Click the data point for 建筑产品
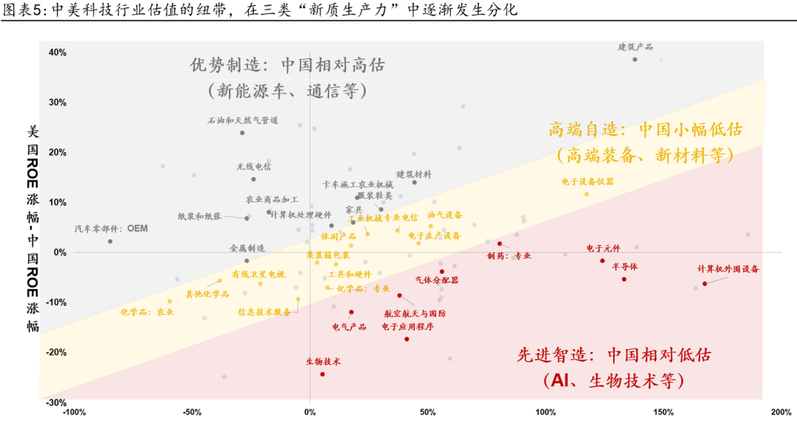[x=635, y=59]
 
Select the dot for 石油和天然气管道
[x=242, y=133]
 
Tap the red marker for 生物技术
[x=322, y=374]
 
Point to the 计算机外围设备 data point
[x=705, y=284]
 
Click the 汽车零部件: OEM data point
[x=110, y=241]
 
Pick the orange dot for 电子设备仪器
[x=587, y=194]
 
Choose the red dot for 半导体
[x=624, y=279]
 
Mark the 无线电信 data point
[x=253, y=179]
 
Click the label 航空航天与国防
[x=415, y=313]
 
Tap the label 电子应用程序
[x=407, y=327]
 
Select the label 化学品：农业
[x=148, y=312]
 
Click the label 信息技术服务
[x=264, y=312]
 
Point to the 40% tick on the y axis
[x=58, y=52]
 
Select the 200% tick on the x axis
[x=781, y=411]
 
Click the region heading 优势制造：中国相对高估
[x=287, y=65]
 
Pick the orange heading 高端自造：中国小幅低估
[x=645, y=130]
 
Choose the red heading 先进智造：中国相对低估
[x=614, y=355]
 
